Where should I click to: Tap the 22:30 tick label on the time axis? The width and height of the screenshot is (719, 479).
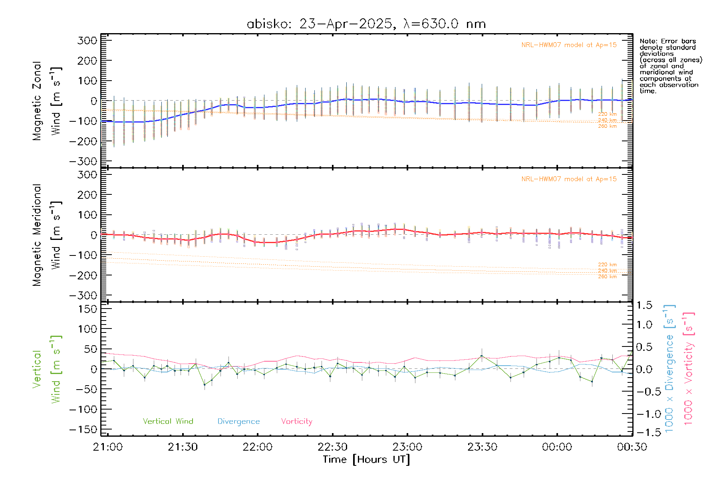pyautogui.click(x=332, y=447)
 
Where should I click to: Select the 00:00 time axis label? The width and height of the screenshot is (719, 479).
pyautogui.click(x=557, y=447)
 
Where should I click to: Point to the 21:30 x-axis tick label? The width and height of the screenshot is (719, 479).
pyautogui.click(x=183, y=447)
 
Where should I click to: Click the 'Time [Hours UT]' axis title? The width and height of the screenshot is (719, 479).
pyautogui.click(x=366, y=459)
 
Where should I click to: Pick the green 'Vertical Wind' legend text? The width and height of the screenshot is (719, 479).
pyautogui.click(x=168, y=421)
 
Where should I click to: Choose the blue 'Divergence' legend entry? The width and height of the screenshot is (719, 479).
pyautogui.click(x=238, y=421)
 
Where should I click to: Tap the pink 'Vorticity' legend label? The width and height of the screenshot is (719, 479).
pyautogui.click(x=296, y=421)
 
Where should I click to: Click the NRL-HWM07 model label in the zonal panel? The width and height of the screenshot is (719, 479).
pyautogui.click(x=569, y=45)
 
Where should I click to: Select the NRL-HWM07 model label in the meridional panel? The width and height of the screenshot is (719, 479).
pyautogui.click(x=569, y=179)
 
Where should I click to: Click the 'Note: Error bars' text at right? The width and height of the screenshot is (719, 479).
pyautogui.click(x=667, y=41)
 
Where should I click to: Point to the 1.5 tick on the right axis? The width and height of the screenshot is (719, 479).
pyautogui.click(x=644, y=305)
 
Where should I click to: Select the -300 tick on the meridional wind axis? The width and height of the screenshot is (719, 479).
pyautogui.click(x=83, y=295)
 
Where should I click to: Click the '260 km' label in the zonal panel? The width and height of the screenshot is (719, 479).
pyautogui.click(x=607, y=126)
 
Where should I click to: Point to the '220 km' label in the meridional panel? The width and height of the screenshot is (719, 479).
pyautogui.click(x=607, y=265)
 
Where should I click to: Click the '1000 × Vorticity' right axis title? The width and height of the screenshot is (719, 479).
pyautogui.click(x=689, y=368)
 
